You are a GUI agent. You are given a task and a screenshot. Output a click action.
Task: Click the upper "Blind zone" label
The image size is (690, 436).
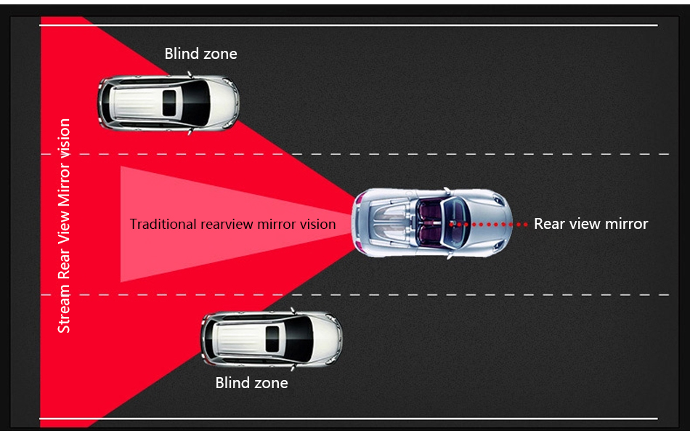(200, 54)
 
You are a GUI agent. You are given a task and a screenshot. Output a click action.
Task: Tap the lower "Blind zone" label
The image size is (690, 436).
(251, 383)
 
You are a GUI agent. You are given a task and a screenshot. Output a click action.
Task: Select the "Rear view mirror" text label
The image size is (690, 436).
(590, 224)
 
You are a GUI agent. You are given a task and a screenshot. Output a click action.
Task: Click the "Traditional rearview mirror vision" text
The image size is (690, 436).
(232, 224)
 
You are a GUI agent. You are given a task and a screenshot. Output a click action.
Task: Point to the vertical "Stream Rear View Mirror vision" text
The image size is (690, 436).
(64, 225)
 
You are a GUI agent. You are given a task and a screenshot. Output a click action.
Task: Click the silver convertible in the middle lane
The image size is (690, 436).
(431, 224)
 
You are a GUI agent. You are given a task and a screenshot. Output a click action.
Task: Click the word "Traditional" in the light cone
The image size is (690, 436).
(163, 224)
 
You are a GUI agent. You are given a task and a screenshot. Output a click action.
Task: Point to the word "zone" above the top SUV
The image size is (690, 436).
(220, 54)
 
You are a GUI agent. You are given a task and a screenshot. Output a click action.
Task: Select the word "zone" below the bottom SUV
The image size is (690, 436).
(271, 383)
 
